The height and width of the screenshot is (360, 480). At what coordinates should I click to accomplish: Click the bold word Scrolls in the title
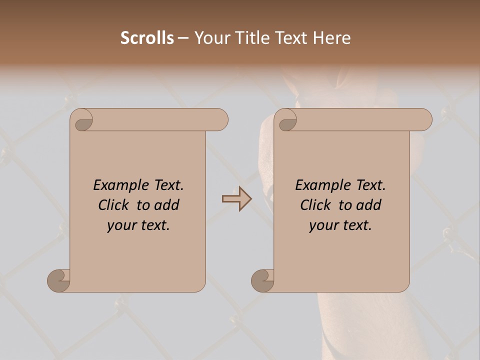coord(147,38)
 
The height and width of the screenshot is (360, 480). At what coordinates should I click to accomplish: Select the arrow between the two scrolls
coord(236,199)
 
